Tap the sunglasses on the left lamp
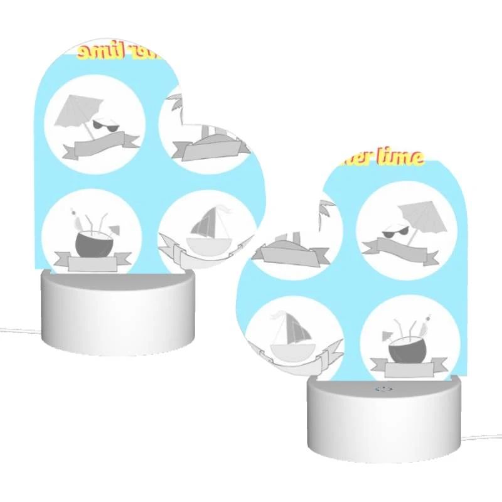point(105,127)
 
